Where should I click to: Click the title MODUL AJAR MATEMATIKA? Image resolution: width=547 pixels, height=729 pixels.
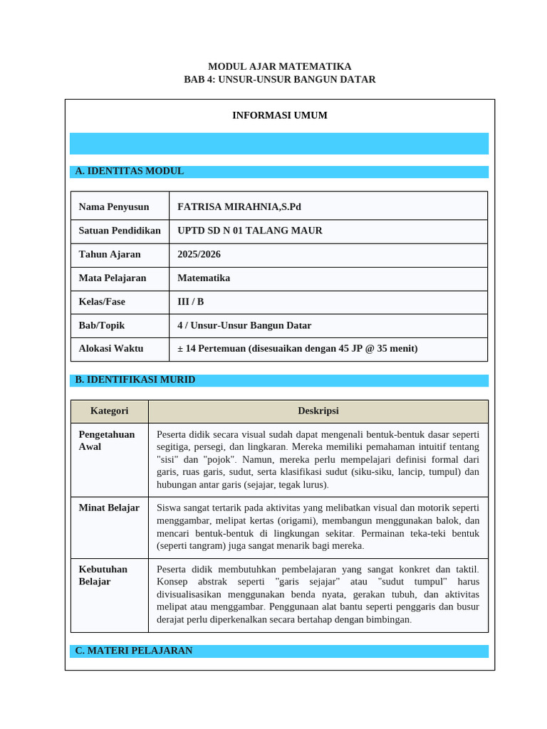(279, 66)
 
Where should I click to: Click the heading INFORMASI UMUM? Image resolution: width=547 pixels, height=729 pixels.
(279, 115)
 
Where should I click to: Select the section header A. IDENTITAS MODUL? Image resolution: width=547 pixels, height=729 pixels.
(130, 172)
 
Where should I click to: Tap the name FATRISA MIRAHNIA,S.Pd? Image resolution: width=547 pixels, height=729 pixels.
(239, 207)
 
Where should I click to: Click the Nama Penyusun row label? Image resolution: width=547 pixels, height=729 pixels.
(114, 207)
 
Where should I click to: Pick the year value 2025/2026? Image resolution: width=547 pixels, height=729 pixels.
(199, 254)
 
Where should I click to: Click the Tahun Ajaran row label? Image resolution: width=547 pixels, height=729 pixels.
(110, 254)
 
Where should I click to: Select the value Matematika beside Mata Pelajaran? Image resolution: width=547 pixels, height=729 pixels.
(204, 278)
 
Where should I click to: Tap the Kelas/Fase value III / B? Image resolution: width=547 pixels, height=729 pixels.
(191, 302)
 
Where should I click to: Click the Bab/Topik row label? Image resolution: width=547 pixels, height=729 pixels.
(102, 325)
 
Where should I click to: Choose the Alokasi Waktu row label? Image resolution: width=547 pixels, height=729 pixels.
(111, 349)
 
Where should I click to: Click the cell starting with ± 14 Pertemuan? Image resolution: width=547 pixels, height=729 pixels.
(298, 349)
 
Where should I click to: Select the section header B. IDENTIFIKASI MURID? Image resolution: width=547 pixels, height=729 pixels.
(135, 380)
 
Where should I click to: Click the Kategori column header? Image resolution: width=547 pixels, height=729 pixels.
(110, 411)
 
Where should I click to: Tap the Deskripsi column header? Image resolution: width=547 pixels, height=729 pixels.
(318, 411)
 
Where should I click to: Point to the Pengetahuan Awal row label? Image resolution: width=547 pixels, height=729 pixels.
(107, 441)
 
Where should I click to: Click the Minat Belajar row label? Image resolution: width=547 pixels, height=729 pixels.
(109, 508)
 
